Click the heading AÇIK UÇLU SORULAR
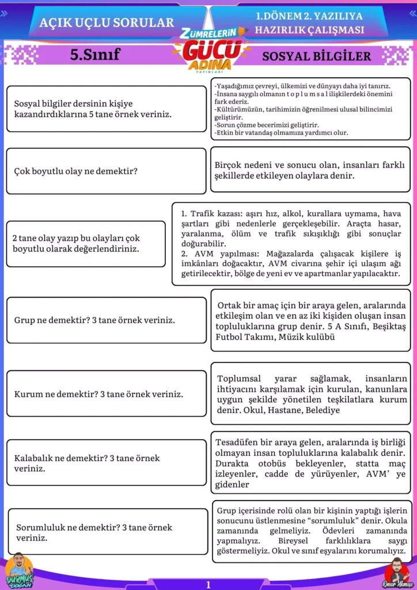coord(107,22)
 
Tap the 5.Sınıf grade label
coord(94,55)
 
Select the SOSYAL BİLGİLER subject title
coord(316,56)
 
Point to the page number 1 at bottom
coord(208,584)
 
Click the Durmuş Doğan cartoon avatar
coord(19,570)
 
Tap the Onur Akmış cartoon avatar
coord(398,572)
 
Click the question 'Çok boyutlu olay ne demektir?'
coord(75,171)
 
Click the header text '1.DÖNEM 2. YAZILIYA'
coord(310,17)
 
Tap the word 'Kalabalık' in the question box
coord(35,458)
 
